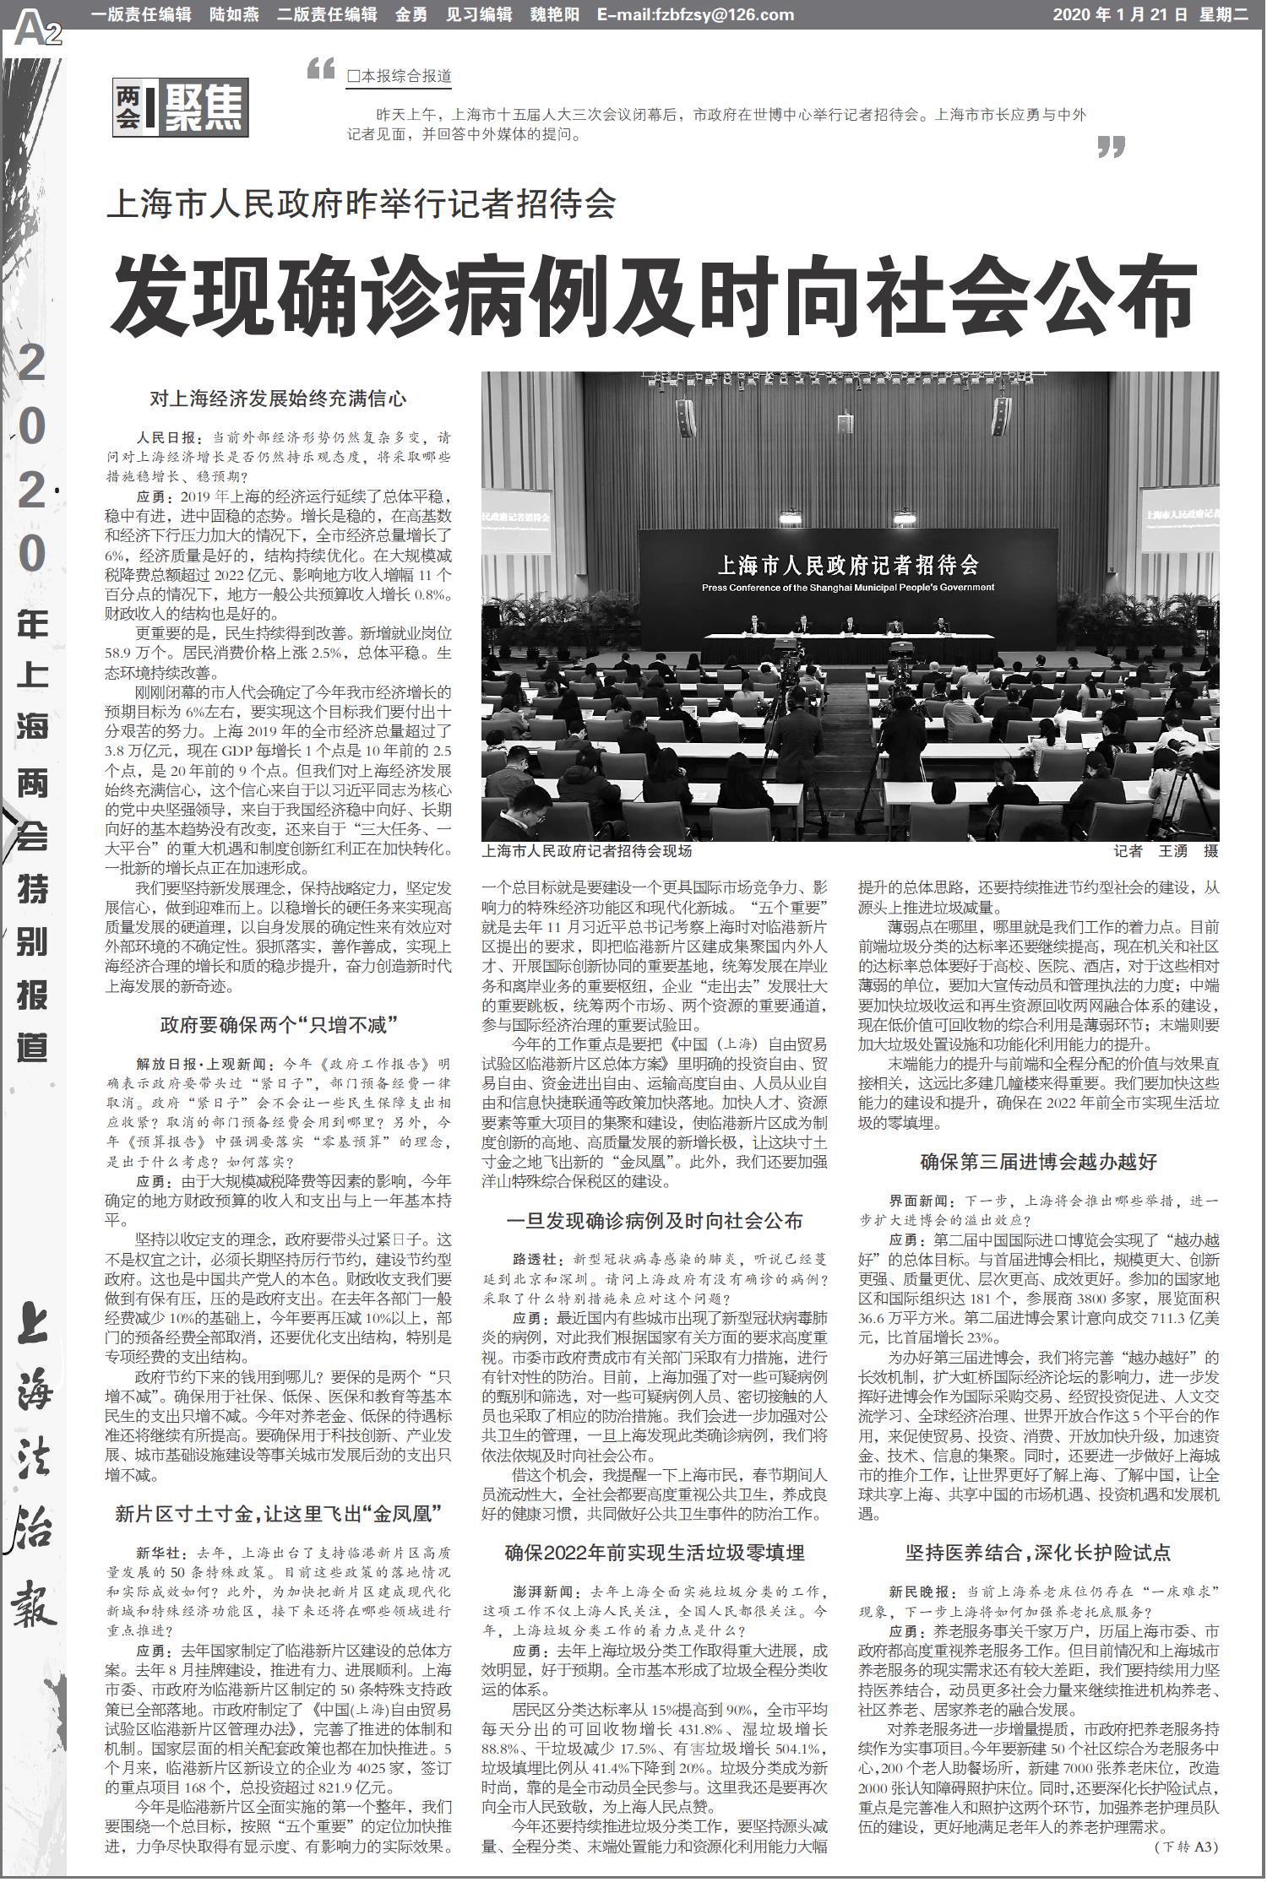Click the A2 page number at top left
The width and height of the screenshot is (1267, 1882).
(37, 32)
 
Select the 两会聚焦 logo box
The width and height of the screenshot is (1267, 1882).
(181, 108)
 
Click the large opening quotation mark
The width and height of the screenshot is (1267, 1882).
(321, 69)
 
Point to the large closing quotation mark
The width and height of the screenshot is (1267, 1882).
(1112, 148)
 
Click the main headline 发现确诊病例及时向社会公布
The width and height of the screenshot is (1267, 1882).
(654, 296)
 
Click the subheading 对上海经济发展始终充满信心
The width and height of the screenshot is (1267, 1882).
(278, 398)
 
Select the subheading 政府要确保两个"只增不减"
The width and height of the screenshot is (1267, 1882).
(279, 1025)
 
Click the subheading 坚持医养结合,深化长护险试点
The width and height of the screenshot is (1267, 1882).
(1039, 1552)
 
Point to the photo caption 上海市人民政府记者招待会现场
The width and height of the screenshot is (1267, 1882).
(587, 851)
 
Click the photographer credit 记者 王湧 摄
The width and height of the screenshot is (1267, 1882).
(1166, 851)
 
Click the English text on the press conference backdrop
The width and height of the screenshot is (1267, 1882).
(848, 588)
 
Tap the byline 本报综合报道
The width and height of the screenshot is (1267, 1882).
(399, 76)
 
